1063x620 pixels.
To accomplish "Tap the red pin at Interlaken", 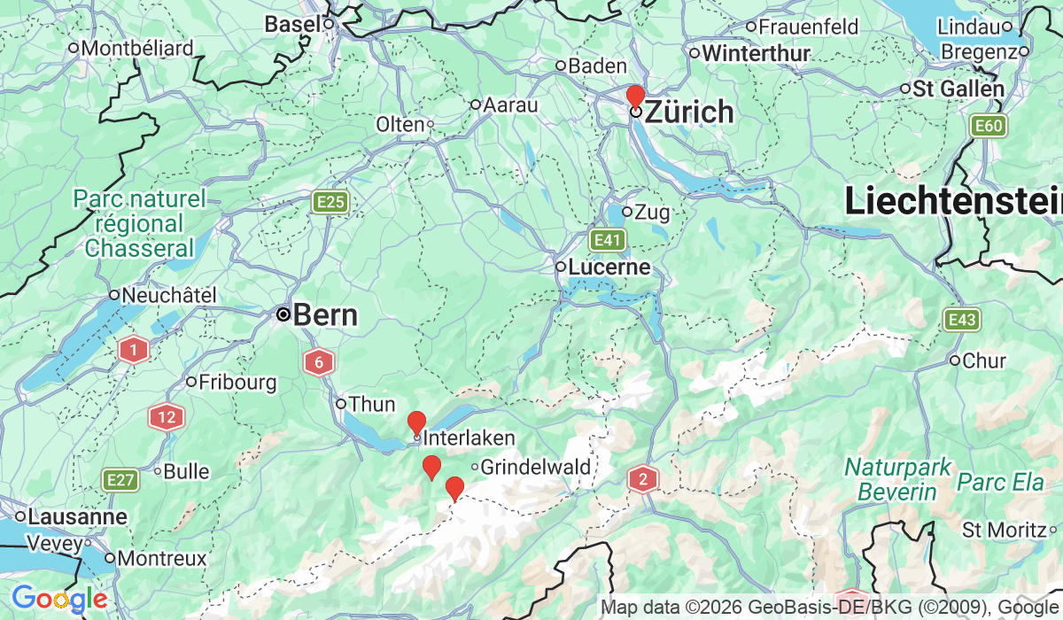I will (416, 422).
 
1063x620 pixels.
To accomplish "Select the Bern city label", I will (324, 314).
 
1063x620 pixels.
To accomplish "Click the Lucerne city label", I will (609, 267).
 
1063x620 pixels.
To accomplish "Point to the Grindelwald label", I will (527, 466).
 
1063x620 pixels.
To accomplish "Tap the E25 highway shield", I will (331, 203).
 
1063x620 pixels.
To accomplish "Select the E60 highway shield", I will (987, 126).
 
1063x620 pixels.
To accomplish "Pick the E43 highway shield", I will (962, 320).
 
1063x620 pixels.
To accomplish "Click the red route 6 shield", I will (319, 361).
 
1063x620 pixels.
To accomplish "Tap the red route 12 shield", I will (166, 416).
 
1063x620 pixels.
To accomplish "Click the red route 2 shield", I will (643, 480).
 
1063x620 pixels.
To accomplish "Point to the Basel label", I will (292, 24).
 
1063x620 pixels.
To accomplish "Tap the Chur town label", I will (984, 360).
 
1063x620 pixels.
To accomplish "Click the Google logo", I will (60, 600).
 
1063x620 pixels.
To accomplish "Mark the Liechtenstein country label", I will (953, 202).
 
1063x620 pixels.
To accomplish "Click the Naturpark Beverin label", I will (897, 478).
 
